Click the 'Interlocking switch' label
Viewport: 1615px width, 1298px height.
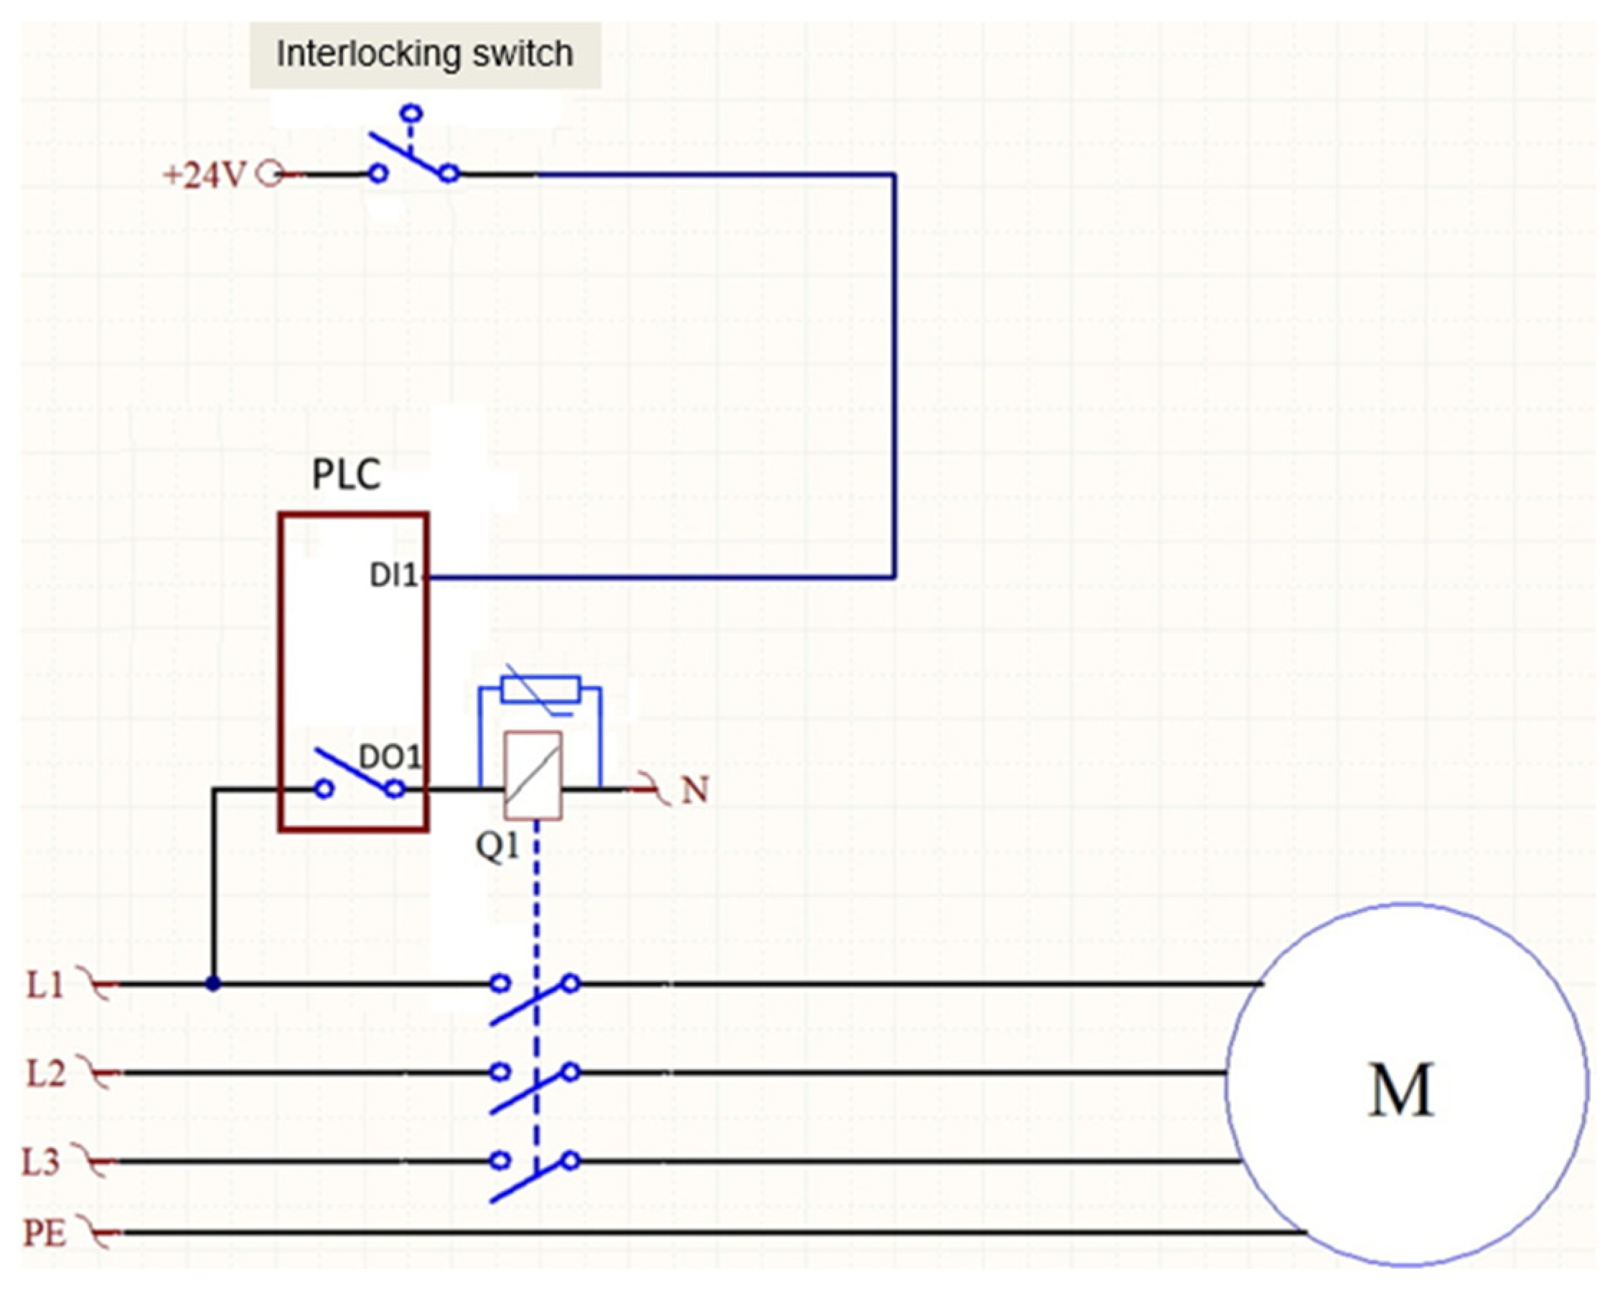point(425,54)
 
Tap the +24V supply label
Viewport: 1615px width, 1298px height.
point(204,175)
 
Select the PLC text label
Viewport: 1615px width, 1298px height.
point(346,474)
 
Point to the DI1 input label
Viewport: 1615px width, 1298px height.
point(393,575)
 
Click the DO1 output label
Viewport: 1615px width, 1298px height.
point(390,757)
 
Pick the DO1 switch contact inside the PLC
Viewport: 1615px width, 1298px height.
point(359,776)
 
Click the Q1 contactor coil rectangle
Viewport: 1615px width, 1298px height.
point(533,775)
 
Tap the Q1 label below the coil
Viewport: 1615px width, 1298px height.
point(497,847)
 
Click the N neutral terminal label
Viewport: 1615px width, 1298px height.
point(694,789)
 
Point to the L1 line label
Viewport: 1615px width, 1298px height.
point(45,985)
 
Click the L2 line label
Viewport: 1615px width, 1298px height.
point(46,1073)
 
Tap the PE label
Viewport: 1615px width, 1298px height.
point(45,1233)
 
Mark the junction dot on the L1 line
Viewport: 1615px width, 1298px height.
point(213,984)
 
